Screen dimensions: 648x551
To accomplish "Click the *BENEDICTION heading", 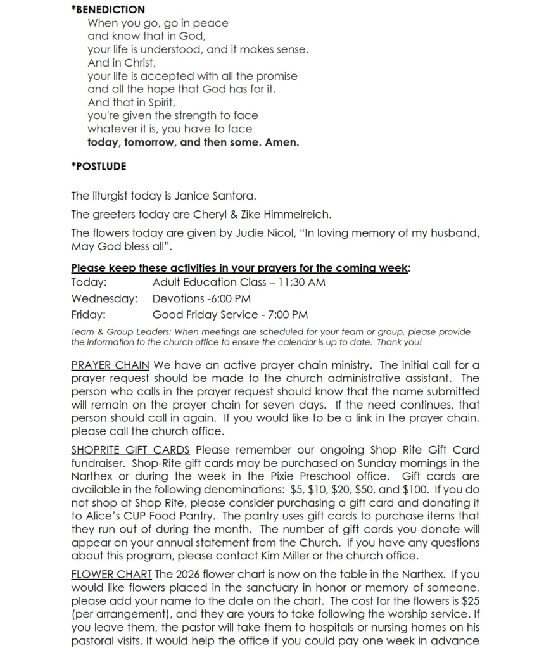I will pos(108,10).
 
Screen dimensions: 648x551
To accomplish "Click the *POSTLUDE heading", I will pos(99,167).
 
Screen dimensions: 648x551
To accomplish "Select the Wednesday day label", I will pos(104,298).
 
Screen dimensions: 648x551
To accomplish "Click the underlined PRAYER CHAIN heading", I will pos(110,365).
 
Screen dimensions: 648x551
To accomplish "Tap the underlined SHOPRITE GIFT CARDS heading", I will pos(130,450).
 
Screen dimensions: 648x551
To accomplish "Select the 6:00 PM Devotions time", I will pos(230,298).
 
